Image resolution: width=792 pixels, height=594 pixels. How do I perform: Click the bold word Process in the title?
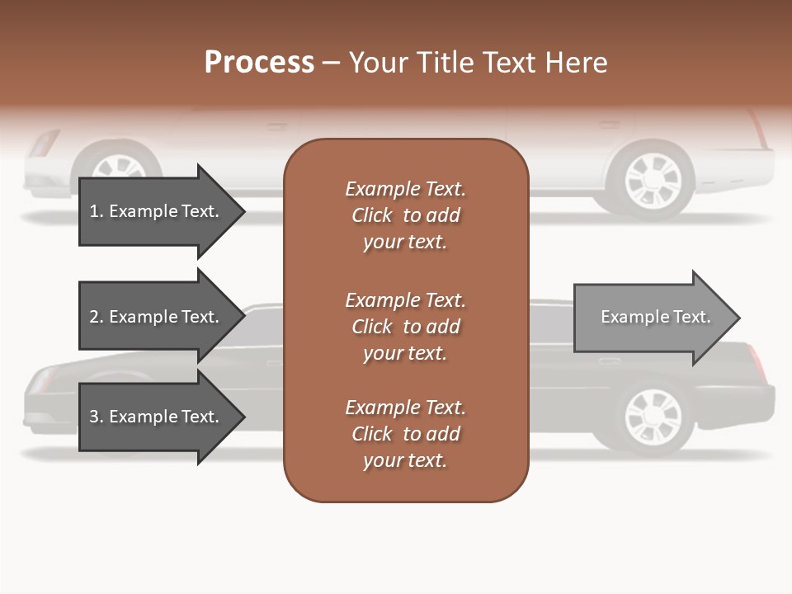click(259, 62)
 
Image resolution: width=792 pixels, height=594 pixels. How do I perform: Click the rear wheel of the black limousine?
click(653, 416)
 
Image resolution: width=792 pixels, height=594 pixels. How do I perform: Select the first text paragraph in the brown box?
click(405, 215)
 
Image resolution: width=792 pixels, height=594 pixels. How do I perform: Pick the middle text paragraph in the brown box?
click(405, 327)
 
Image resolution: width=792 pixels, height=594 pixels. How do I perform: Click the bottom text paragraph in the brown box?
click(405, 434)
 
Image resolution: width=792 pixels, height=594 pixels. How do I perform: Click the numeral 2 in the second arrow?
click(93, 317)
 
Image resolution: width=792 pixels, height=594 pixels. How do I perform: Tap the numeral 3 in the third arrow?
click(93, 417)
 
